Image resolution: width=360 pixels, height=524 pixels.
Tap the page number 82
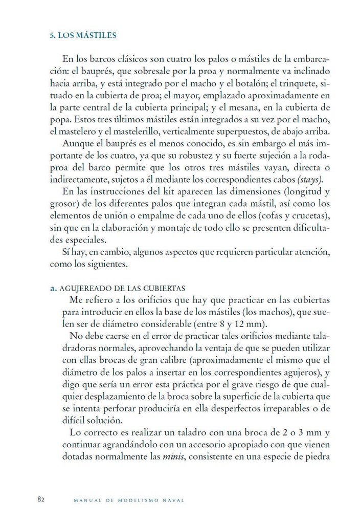click(42, 499)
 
